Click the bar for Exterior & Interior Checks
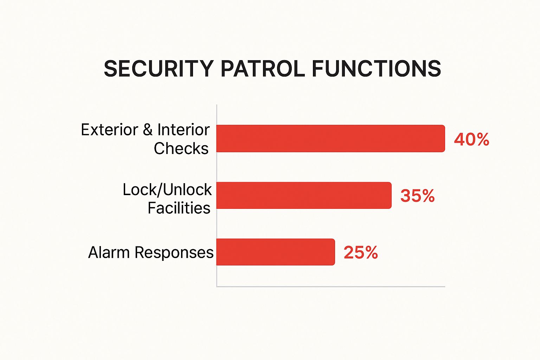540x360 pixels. (x=330, y=139)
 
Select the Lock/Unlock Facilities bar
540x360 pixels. (x=304, y=195)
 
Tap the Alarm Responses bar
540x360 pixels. (x=275, y=252)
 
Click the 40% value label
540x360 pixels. (x=471, y=139)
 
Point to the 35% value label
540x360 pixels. (x=417, y=196)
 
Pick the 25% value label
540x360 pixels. (x=361, y=252)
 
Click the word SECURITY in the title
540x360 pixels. (x=159, y=69)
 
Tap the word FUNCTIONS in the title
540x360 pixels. (x=376, y=69)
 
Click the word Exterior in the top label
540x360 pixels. (x=109, y=130)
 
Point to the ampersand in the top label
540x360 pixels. (x=148, y=130)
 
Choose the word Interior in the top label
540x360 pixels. (x=183, y=130)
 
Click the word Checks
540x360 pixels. (x=181, y=148)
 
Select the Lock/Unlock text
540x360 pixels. (x=167, y=190)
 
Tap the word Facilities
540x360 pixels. (x=179, y=208)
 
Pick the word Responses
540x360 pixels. (x=174, y=253)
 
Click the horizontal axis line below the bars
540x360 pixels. (x=330, y=287)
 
